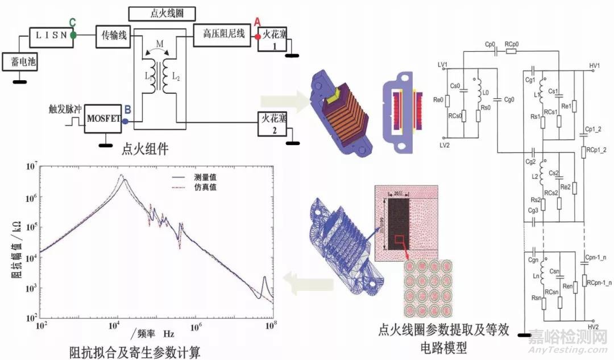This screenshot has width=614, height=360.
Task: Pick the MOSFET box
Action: tap(103, 118)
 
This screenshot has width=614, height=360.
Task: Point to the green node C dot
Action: tap(73, 35)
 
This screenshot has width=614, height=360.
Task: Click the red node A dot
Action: tap(258, 35)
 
